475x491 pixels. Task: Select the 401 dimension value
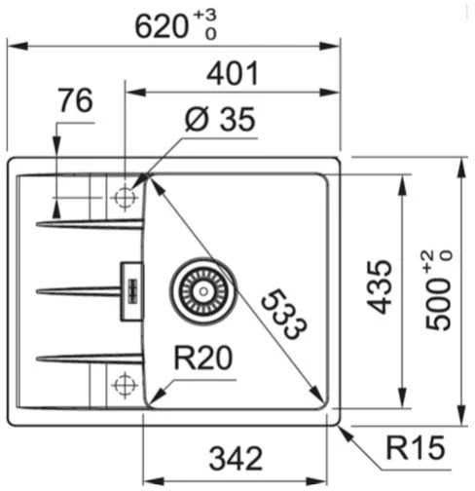(x=233, y=73)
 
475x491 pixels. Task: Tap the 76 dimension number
(x=75, y=100)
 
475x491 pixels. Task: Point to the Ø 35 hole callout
(x=220, y=120)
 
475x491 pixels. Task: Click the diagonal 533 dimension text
(x=283, y=314)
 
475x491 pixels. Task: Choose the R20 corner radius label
(x=203, y=358)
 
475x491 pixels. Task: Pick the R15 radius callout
(x=416, y=447)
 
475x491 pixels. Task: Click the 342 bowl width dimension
(x=236, y=459)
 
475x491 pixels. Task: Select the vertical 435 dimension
(x=380, y=286)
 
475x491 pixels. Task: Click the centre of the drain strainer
(x=203, y=291)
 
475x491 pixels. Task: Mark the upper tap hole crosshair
(x=125, y=198)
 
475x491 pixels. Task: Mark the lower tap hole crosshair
(x=125, y=385)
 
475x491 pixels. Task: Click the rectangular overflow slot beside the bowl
(x=131, y=291)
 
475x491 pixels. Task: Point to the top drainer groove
(x=90, y=224)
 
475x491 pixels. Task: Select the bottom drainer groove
(x=90, y=359)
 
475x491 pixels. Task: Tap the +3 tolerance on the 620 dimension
(x=204, y=16)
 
